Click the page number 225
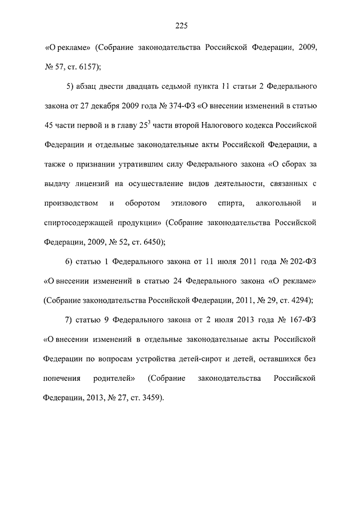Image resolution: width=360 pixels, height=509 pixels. [180, 25]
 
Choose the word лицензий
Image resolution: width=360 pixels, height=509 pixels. [99, 183]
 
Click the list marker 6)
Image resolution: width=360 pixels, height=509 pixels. [70, 262]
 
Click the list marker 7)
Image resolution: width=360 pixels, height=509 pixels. [70, 320]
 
